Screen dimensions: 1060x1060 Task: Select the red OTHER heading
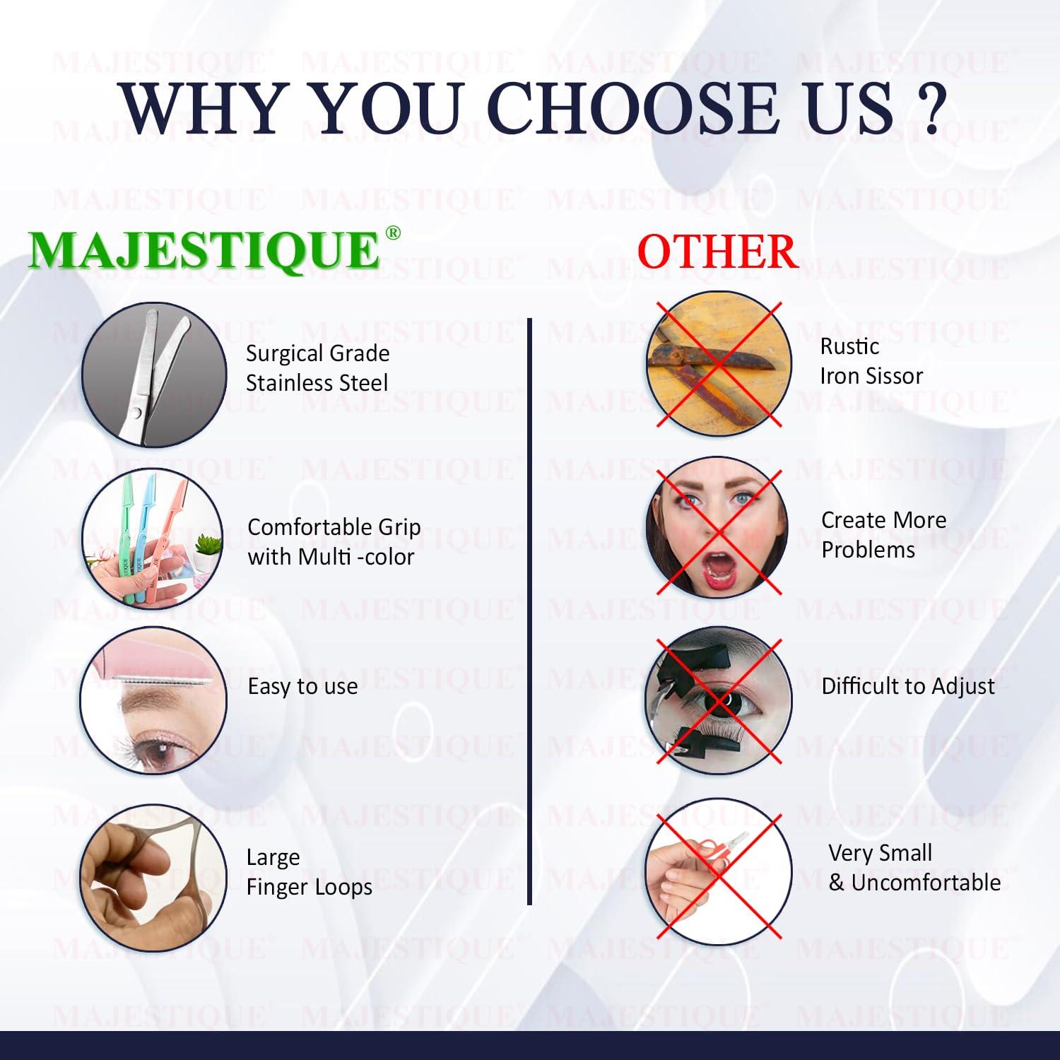717,252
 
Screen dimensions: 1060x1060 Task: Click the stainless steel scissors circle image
154,375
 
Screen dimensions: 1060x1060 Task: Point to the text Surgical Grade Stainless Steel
317,368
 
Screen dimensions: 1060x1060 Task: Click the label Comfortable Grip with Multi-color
334,542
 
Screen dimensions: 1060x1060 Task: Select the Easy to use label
302,686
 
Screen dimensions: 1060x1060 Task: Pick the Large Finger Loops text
309,872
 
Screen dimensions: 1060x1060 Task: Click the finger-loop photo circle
153,877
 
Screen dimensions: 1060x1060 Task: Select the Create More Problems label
883,535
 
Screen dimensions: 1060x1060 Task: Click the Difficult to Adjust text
908,686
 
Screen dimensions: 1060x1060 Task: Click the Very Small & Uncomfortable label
914,868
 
